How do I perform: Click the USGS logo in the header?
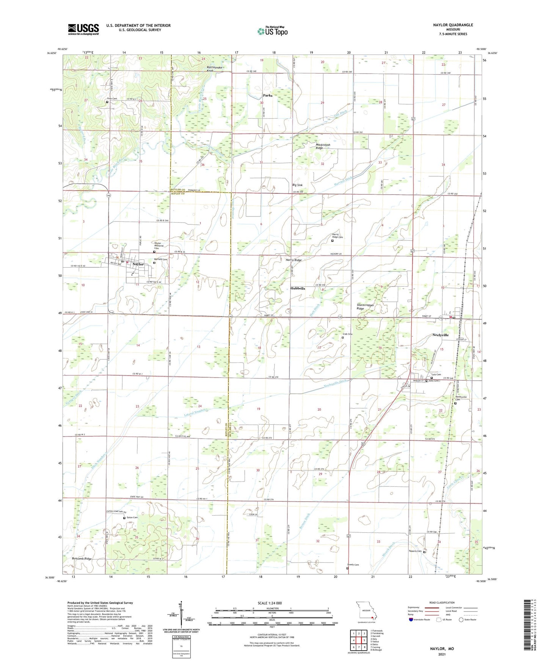(83, 29)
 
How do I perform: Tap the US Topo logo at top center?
(272, 31)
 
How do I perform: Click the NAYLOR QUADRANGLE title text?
(453, 25)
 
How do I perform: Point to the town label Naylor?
(138, 264)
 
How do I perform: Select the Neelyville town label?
(440, 335)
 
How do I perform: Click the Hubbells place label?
(297, 289)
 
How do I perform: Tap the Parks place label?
(267, 96)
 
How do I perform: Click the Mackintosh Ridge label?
(323, 146)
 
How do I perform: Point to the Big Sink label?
(297, 185)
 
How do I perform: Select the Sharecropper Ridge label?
(365, 307)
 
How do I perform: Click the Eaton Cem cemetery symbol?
(124, 518)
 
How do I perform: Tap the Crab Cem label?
(347, 334)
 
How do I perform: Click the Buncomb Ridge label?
(82, 559)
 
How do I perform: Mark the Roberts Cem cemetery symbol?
(424, 552)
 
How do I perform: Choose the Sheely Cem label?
(353, 565)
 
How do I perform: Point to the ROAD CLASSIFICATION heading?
(442, 602)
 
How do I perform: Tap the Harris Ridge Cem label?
(338, 236)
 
